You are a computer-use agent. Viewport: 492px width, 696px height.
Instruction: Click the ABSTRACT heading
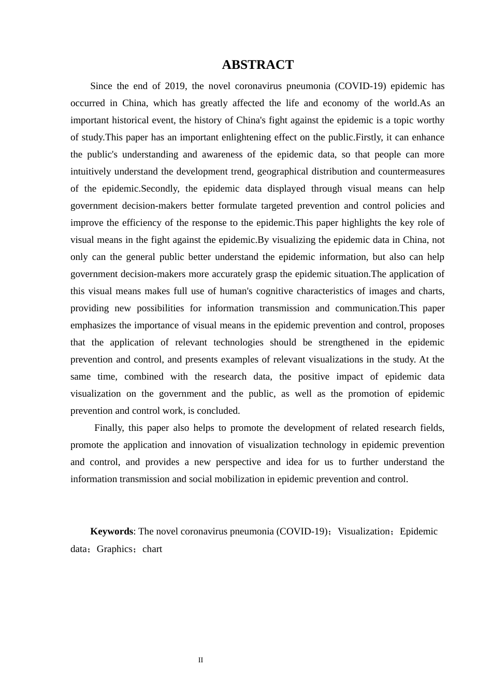pos(257,65)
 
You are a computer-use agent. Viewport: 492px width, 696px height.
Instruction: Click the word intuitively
pos(91,171)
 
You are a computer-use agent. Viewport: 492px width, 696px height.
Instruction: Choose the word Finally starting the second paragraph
pos(108,428)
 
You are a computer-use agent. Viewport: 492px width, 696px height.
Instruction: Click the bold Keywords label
pos(111,531)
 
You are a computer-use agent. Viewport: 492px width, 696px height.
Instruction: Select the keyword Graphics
pos(114,549)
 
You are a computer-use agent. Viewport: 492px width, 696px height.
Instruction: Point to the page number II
pos(200,660)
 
